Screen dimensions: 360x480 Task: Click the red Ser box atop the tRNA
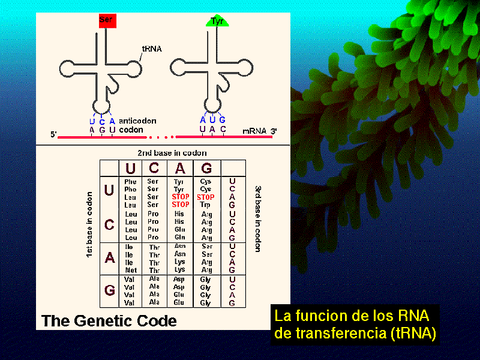tap(106, 19)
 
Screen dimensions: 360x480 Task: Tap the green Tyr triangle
tap(217, 22)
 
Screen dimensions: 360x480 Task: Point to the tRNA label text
tap(152, 49)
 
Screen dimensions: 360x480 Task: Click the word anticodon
tap(138, 119)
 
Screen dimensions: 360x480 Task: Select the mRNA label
tap(254, 130)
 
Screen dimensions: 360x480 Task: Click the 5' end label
tap(53, 134)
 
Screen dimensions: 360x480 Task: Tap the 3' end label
tap(274, 131)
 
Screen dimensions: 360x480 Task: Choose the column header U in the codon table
tap(130, 169)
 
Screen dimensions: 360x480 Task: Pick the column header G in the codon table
tap(206, 169)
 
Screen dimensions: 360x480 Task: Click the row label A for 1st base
tap(109, 257)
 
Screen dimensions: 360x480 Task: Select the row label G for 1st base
tap(109, 291)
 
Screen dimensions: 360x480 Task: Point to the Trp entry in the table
tap(206, 205)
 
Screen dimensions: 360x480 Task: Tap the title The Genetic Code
tap(109, 320)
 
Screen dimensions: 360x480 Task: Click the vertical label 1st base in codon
tap(89, 224)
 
